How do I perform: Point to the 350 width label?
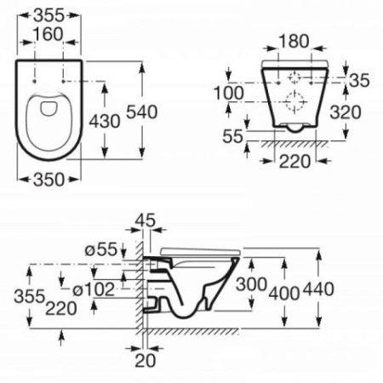click(x=53, y=180)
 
